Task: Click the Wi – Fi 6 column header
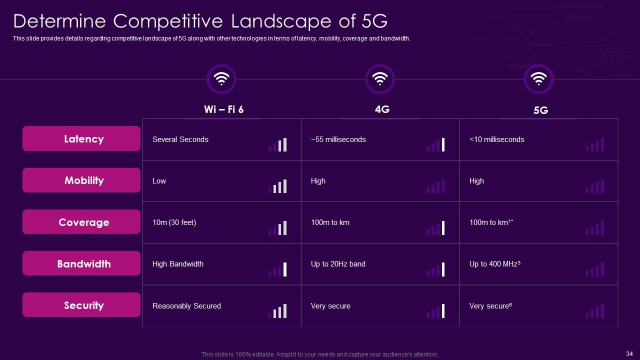223,109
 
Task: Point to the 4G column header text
382,109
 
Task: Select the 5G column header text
540,110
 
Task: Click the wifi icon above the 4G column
380,78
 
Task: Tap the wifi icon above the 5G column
538,78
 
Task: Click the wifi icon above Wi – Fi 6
221,78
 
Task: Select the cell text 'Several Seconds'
180,139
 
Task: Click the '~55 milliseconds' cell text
338,139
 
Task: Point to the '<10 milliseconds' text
497,139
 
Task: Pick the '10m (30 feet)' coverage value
174,222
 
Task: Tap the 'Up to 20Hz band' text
338,264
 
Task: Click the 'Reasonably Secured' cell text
186,306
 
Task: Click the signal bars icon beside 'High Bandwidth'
277,269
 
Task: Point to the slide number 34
629,353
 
